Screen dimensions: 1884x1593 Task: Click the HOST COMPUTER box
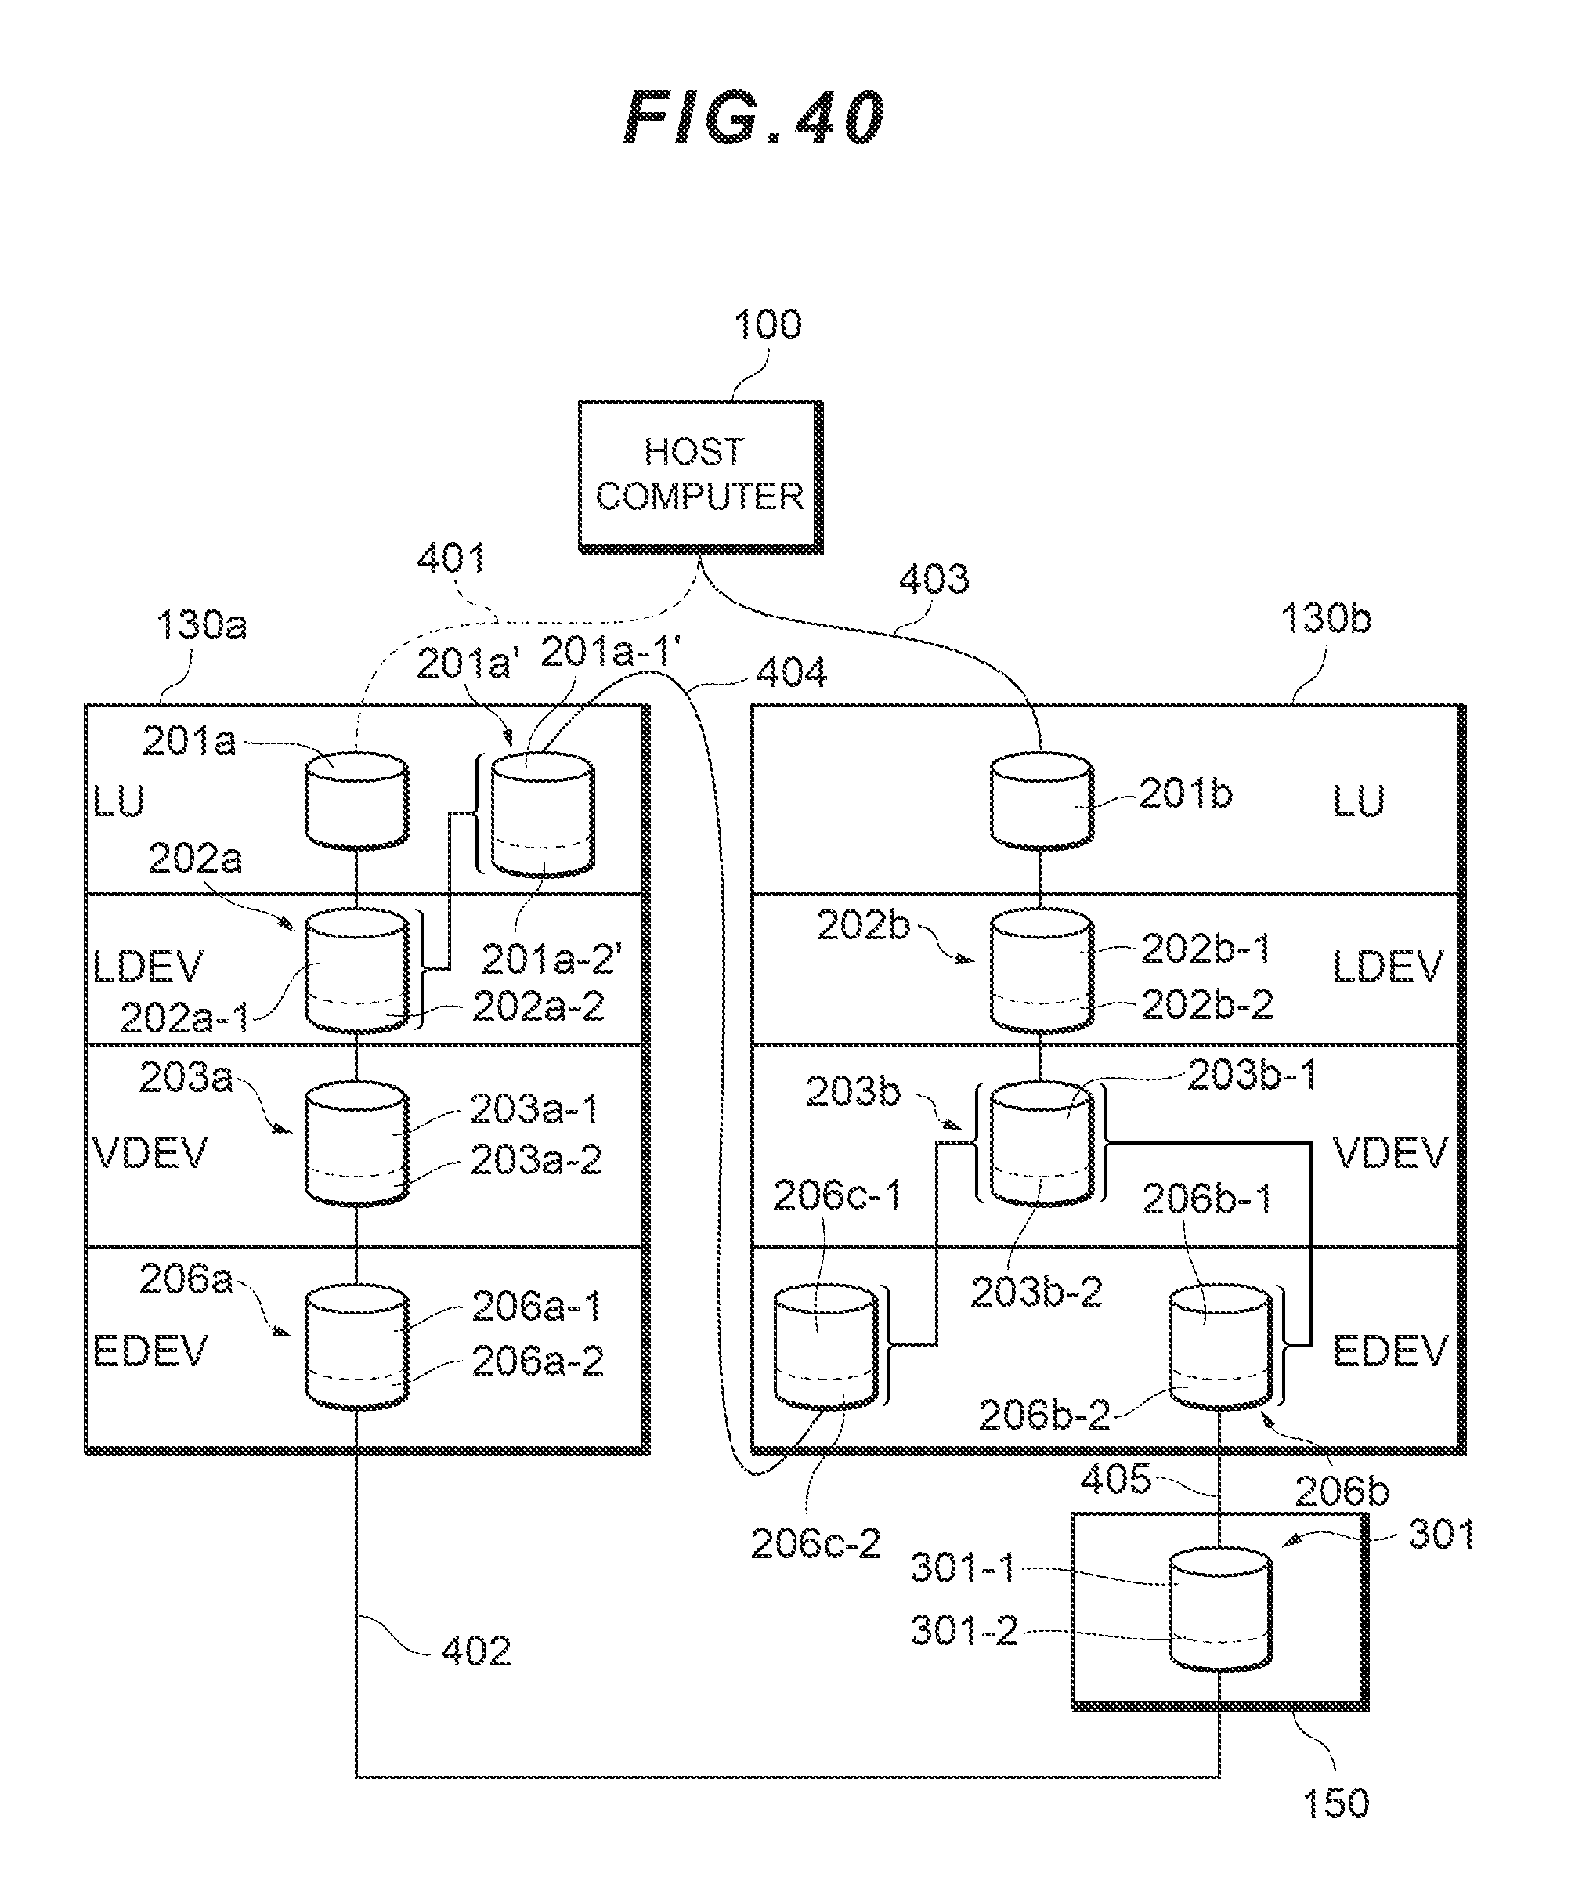tap(700, 476)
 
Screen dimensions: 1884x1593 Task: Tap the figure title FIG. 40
tap(755, 118)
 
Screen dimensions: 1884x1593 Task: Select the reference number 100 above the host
tap(767, 325)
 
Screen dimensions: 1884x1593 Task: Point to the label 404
tap(791, 673)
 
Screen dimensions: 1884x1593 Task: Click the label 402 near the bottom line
tap(476, 1651)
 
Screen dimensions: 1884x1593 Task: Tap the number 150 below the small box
tap(1335, 1803)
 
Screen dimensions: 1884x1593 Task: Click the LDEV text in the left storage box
tap(148, 967)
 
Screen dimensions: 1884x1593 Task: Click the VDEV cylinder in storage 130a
tap(356, 1145)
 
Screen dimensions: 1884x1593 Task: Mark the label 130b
tap(1326, 620)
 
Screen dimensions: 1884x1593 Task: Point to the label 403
tap(934, 579)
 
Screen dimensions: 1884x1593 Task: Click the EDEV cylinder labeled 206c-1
tap(825, 1347)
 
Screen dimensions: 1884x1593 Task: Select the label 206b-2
tap(1044, 1416)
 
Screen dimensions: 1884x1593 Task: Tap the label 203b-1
tap(1252, 1075)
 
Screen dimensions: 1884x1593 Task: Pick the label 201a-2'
tap(551, 959)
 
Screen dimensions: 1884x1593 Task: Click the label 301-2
tap(963, 1631)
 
